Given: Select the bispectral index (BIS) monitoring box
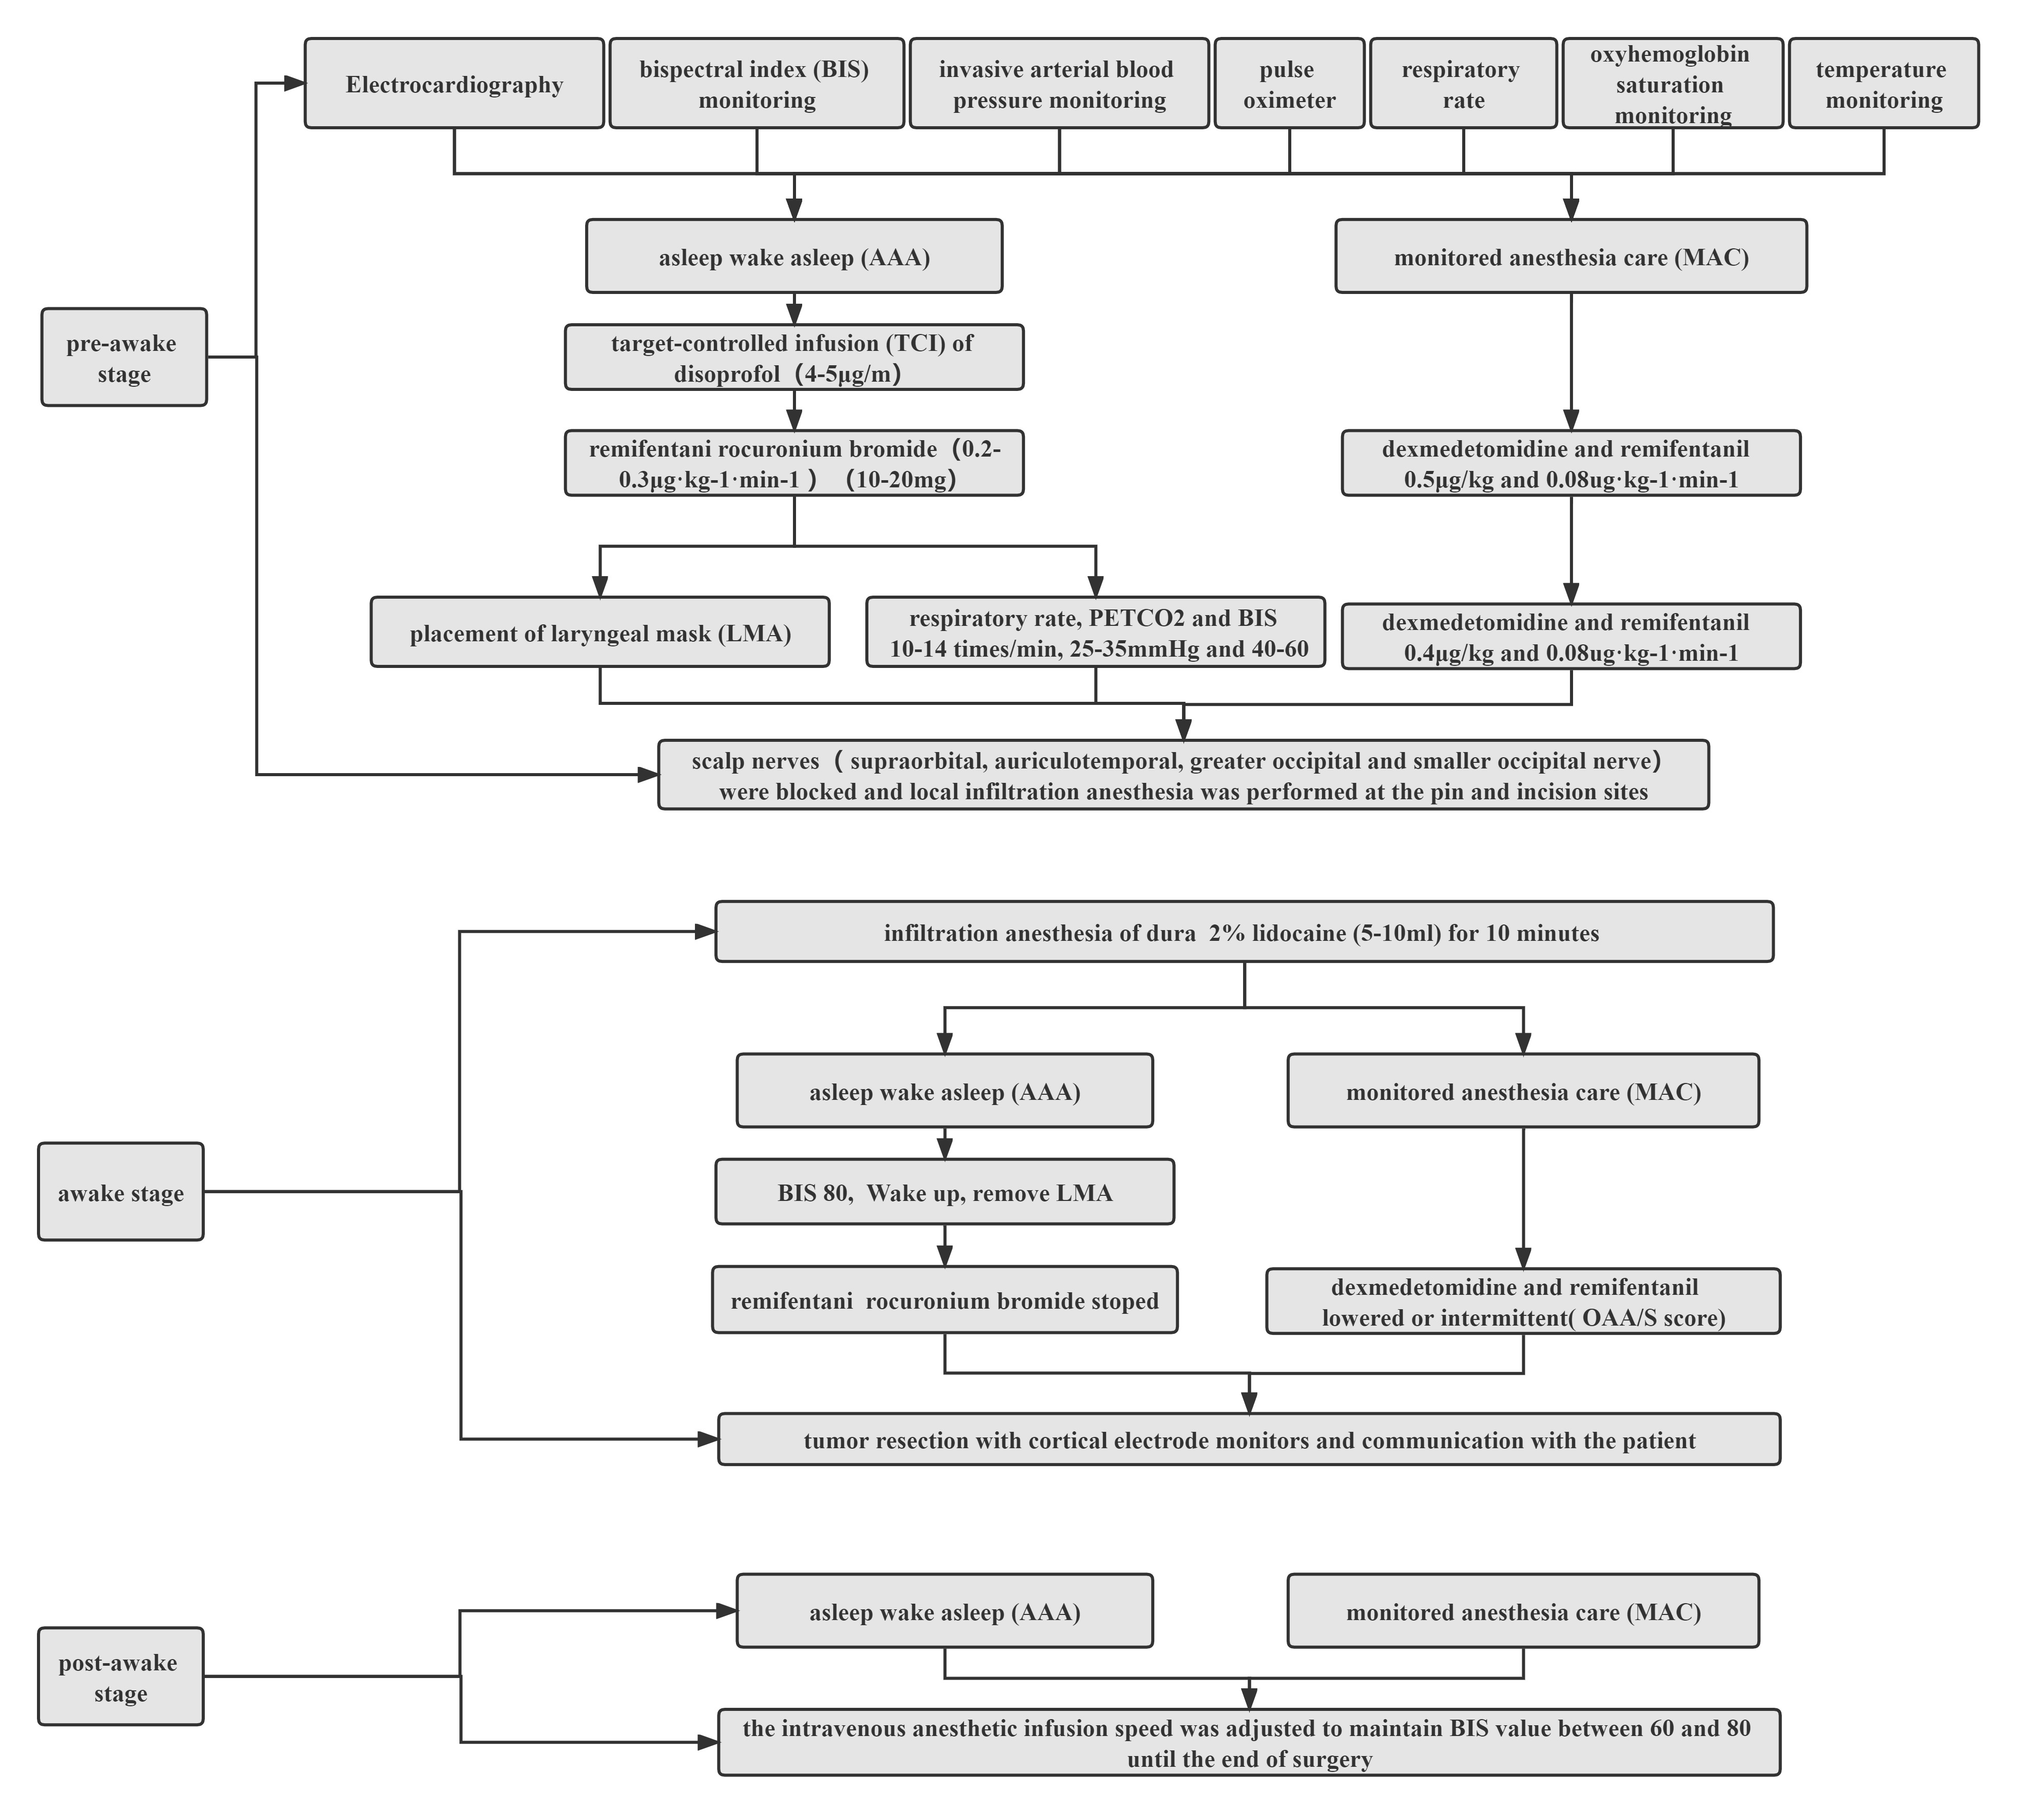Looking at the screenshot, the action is pyautogui.click(x=757, y=84).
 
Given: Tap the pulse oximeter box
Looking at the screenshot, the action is pyautogui.click(x=1289, y=84).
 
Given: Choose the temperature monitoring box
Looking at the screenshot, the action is pyautogui.click(x=1884, y=84).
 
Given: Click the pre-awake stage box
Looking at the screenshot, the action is pyautogui.click(x=124, y=357).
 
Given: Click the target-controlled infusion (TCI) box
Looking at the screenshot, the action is pyautogui.click(x=793, y=357).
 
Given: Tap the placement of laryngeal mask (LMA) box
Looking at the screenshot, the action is pyautogui.click(x=600, y=632).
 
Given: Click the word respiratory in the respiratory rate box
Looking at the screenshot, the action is pyautogui.click(x=1461, y=70).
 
